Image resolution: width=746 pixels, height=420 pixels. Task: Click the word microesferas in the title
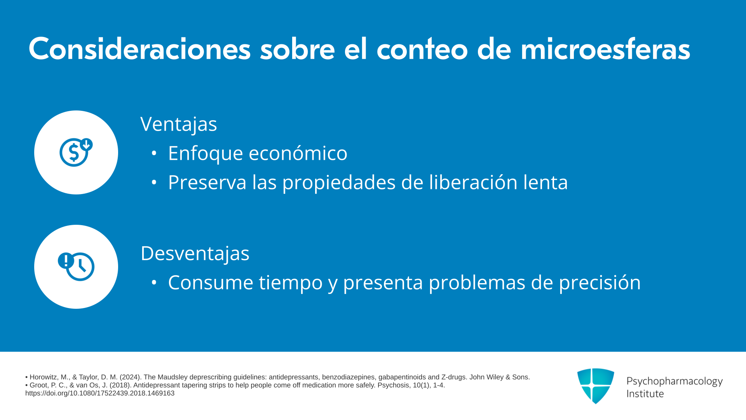pyautogui.click(x=605, y=49)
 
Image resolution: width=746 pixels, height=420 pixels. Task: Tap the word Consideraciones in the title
pyautogui.click(x=139, y=49)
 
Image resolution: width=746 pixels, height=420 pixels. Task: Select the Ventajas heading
pyautogui.click(x=179, y=124)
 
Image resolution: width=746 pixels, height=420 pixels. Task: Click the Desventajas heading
pyautogui.click(x=195, y=254)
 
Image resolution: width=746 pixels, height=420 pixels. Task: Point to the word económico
pyautogui.click(x=298, y=153)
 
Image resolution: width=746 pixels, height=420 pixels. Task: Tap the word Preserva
pyautogui.click(x=207, y=182)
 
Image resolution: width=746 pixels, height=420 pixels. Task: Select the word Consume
pyautogui.click(x=211, y=282)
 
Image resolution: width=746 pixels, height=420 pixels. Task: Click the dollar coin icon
pyautogui.click(x=76, y=152)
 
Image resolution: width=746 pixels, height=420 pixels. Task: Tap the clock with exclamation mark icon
pyautogui.click(x=76, y=266)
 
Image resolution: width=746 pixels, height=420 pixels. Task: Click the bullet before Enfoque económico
pyautogui.click(x=154, y=153)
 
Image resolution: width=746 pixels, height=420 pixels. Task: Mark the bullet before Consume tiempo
pyautogui.click(x=154, y=282)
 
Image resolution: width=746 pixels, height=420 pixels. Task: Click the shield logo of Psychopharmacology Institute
pyautogui.click(x=596, y=386)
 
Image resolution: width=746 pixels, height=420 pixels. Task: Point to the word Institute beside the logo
pyautogui.click(x=645, y=394)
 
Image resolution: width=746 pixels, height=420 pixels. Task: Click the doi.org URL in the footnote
pyautogui.click(x=100, y=393)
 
